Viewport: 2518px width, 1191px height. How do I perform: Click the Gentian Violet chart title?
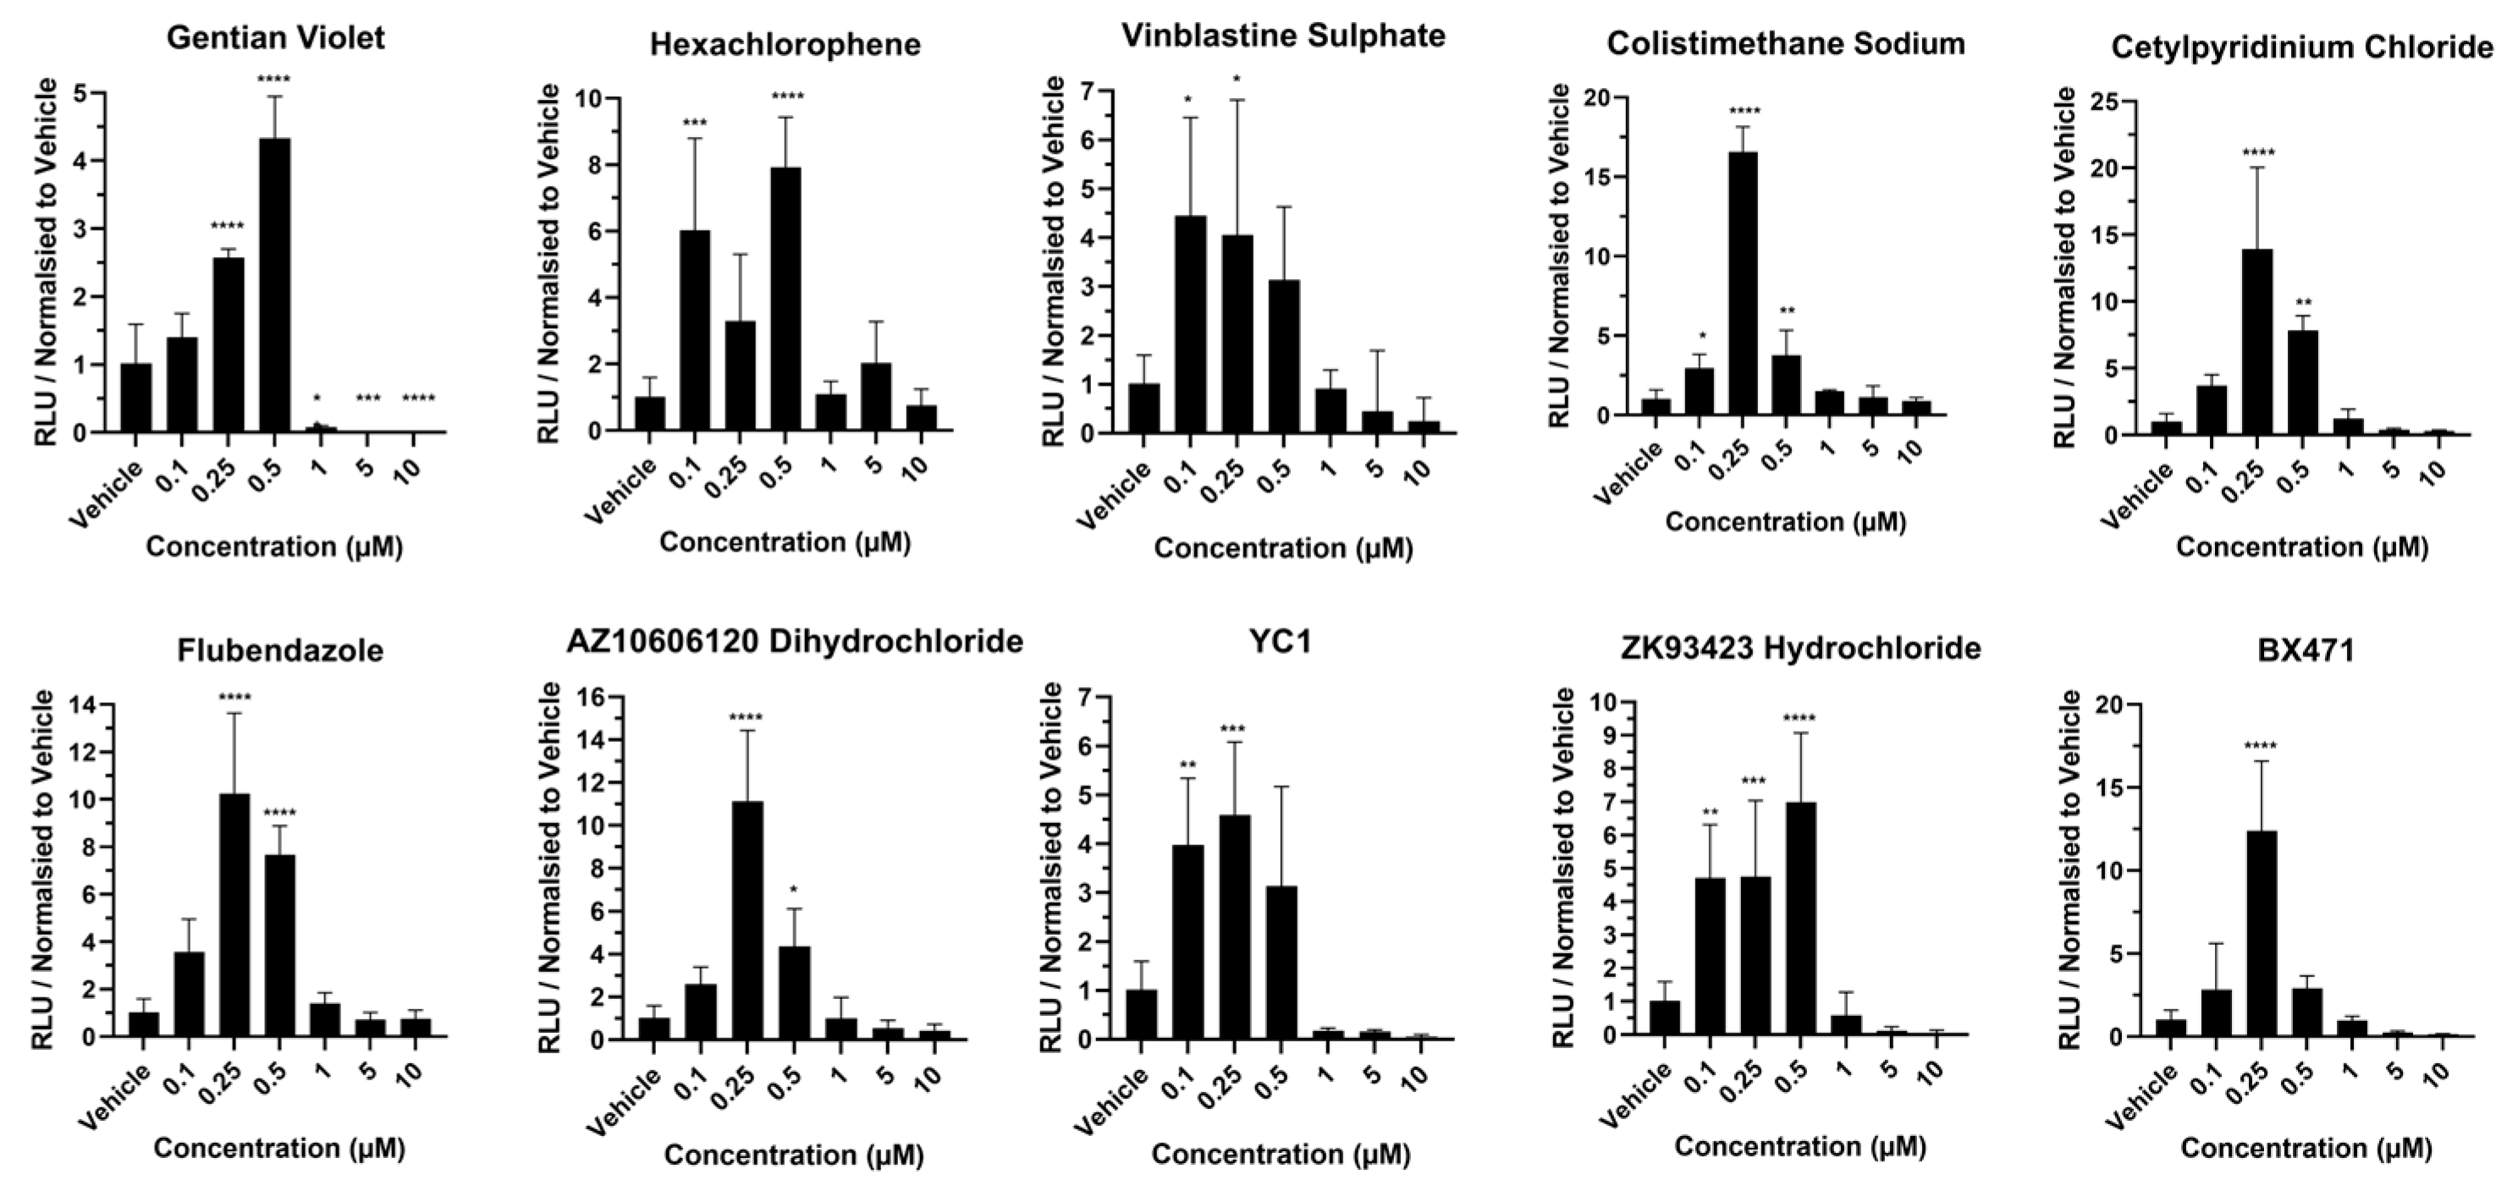[276, 38]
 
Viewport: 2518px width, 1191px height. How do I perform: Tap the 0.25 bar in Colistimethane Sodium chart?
[1742, 283]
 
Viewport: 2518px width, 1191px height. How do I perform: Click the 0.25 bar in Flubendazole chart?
[234, 914]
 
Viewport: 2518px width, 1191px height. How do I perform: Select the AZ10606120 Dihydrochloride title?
[794, 642]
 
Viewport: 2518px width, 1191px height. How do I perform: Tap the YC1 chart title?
[1280, 642]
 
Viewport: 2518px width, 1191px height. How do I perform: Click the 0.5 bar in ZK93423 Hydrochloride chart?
[1800, 918]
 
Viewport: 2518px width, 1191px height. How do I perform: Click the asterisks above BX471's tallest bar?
[2261, 748]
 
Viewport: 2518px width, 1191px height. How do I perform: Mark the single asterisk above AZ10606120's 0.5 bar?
[794, 890]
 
